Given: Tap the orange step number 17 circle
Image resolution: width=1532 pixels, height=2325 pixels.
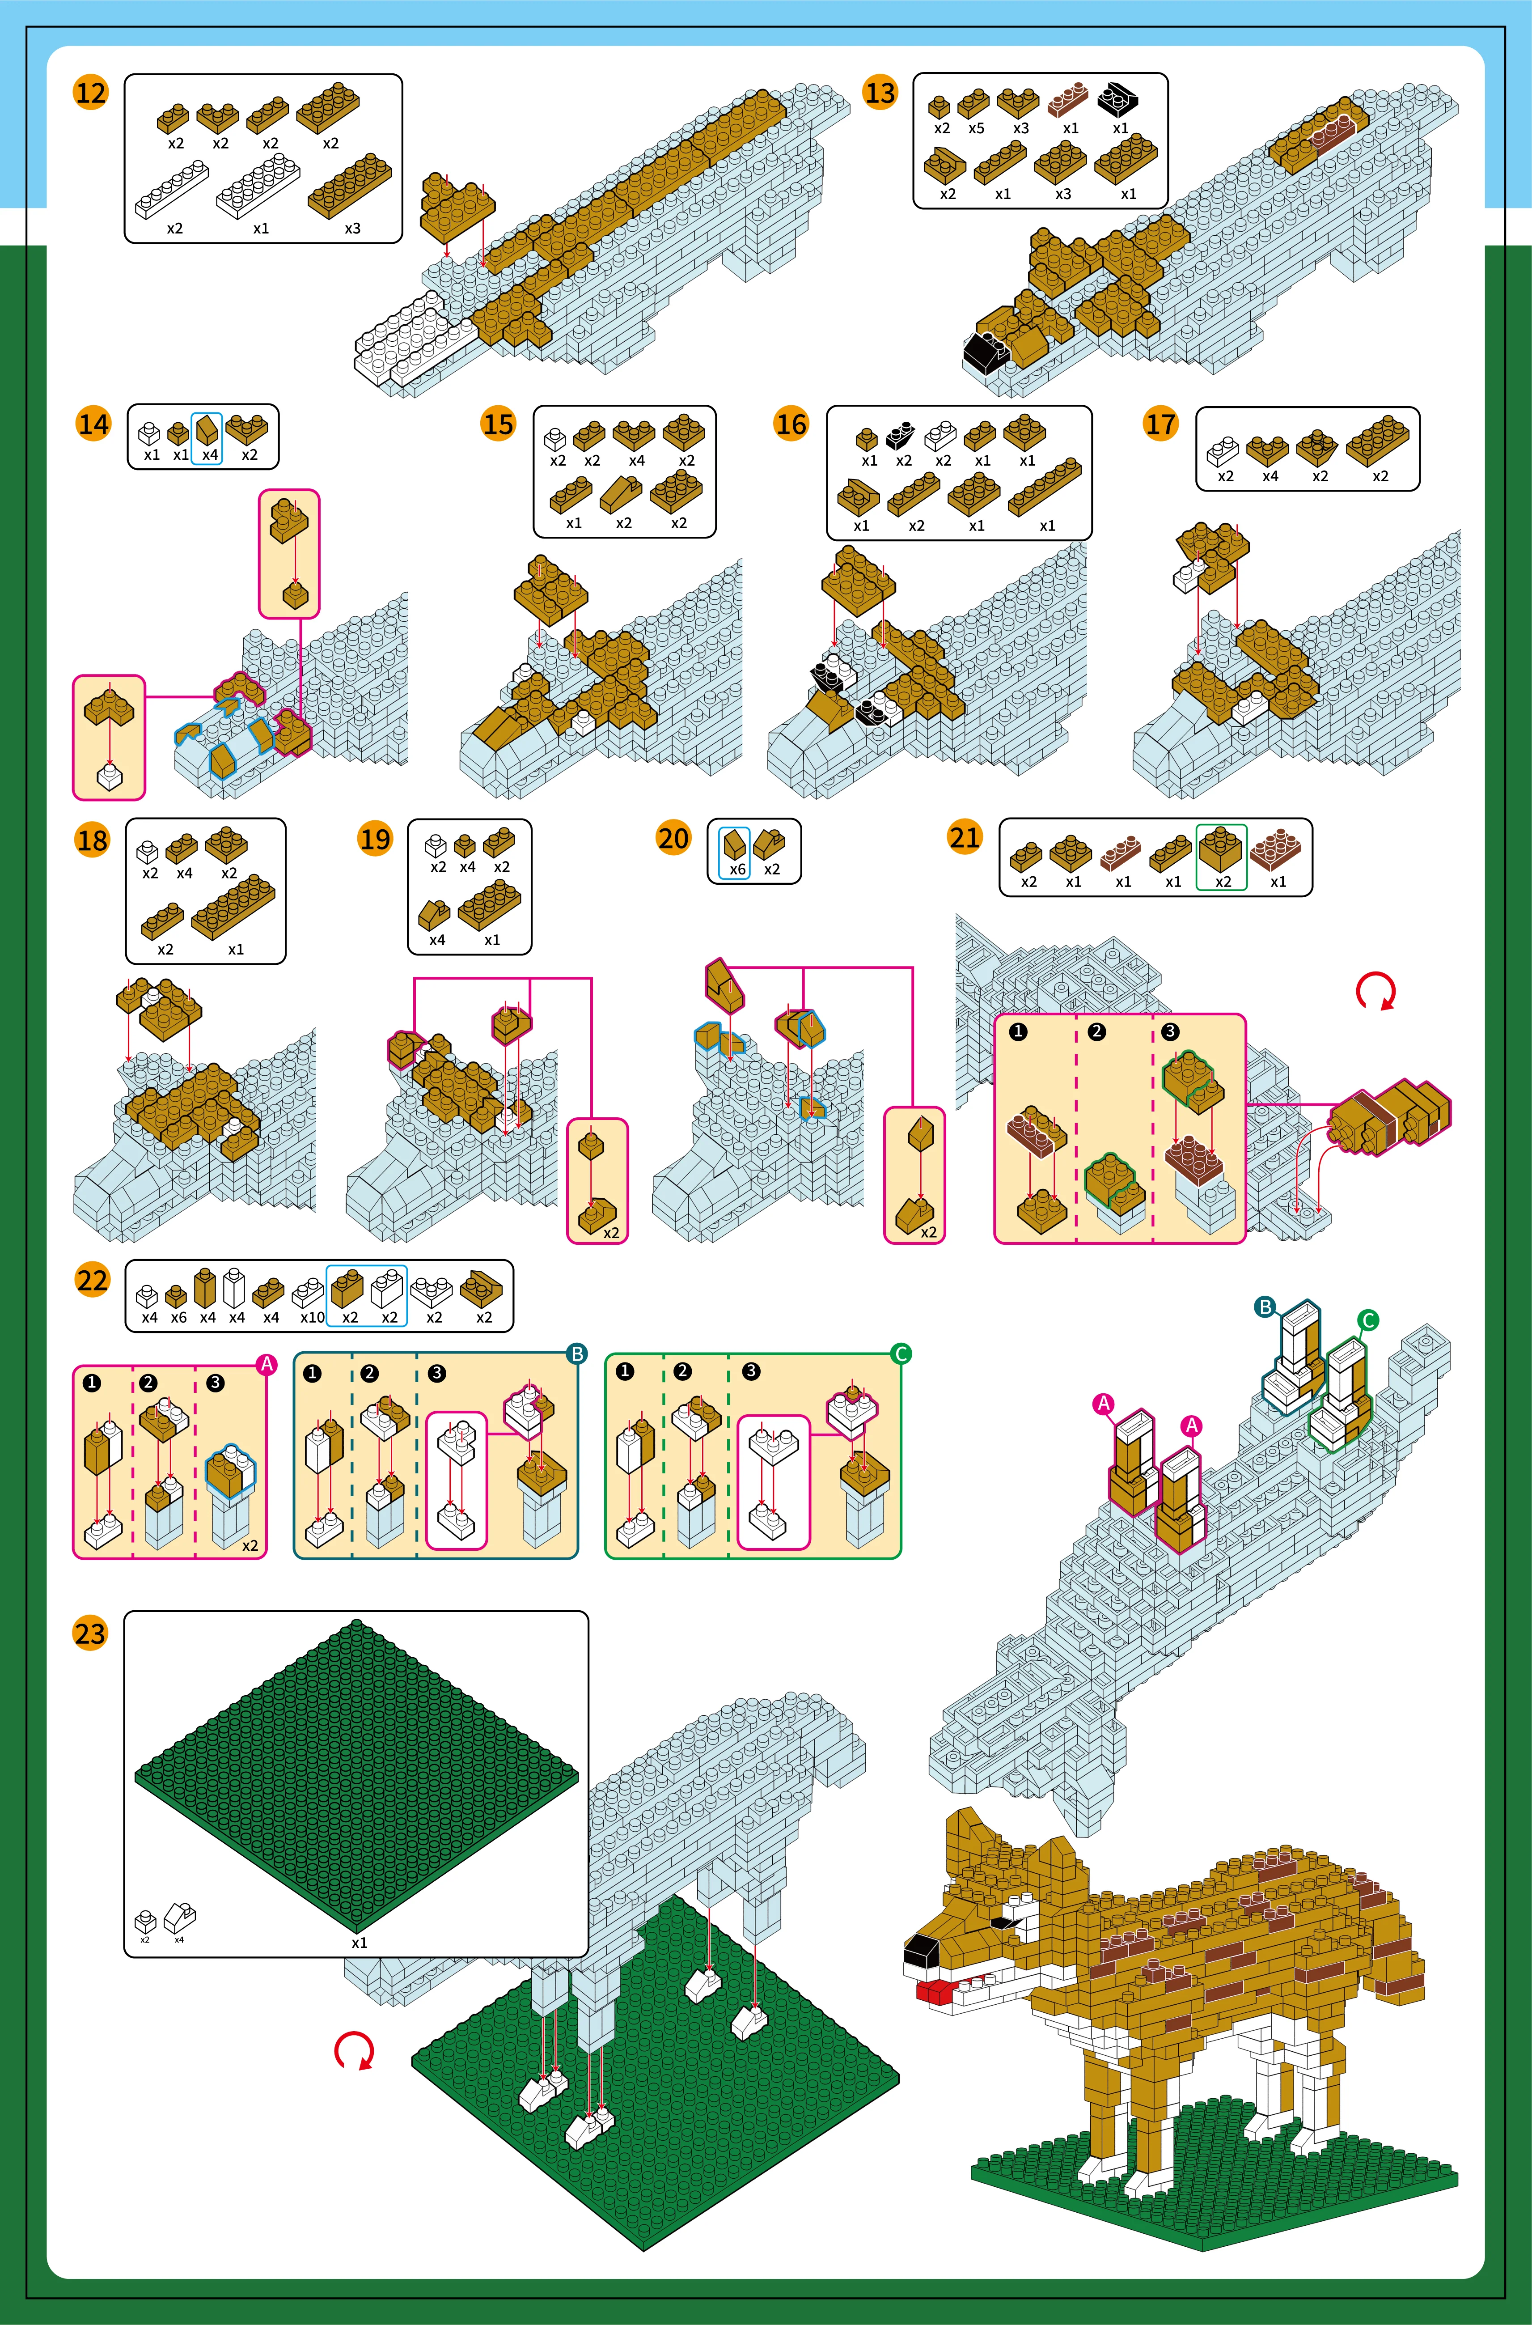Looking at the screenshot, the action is pyautogui.click(x=1161, y=424).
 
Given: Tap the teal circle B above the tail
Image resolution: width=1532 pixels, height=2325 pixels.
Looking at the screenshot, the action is pyautogui.click(x=1265, y=1307).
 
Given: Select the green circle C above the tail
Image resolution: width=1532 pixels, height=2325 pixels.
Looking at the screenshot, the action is pyautogui.click(x=1368, y=1320).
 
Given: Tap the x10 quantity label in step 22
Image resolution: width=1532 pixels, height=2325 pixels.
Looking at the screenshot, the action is pyautogui.click(x=313, y=1317).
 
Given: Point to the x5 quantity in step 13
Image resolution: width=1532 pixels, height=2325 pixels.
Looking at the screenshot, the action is pyautogui.click(x=976, y=128).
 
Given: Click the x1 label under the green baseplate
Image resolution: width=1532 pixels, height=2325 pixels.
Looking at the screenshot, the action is pyautogui.click(x=360, y=1943).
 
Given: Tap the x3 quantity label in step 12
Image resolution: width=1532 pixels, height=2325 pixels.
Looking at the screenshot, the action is pyautogui.click(x=353, y=229).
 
